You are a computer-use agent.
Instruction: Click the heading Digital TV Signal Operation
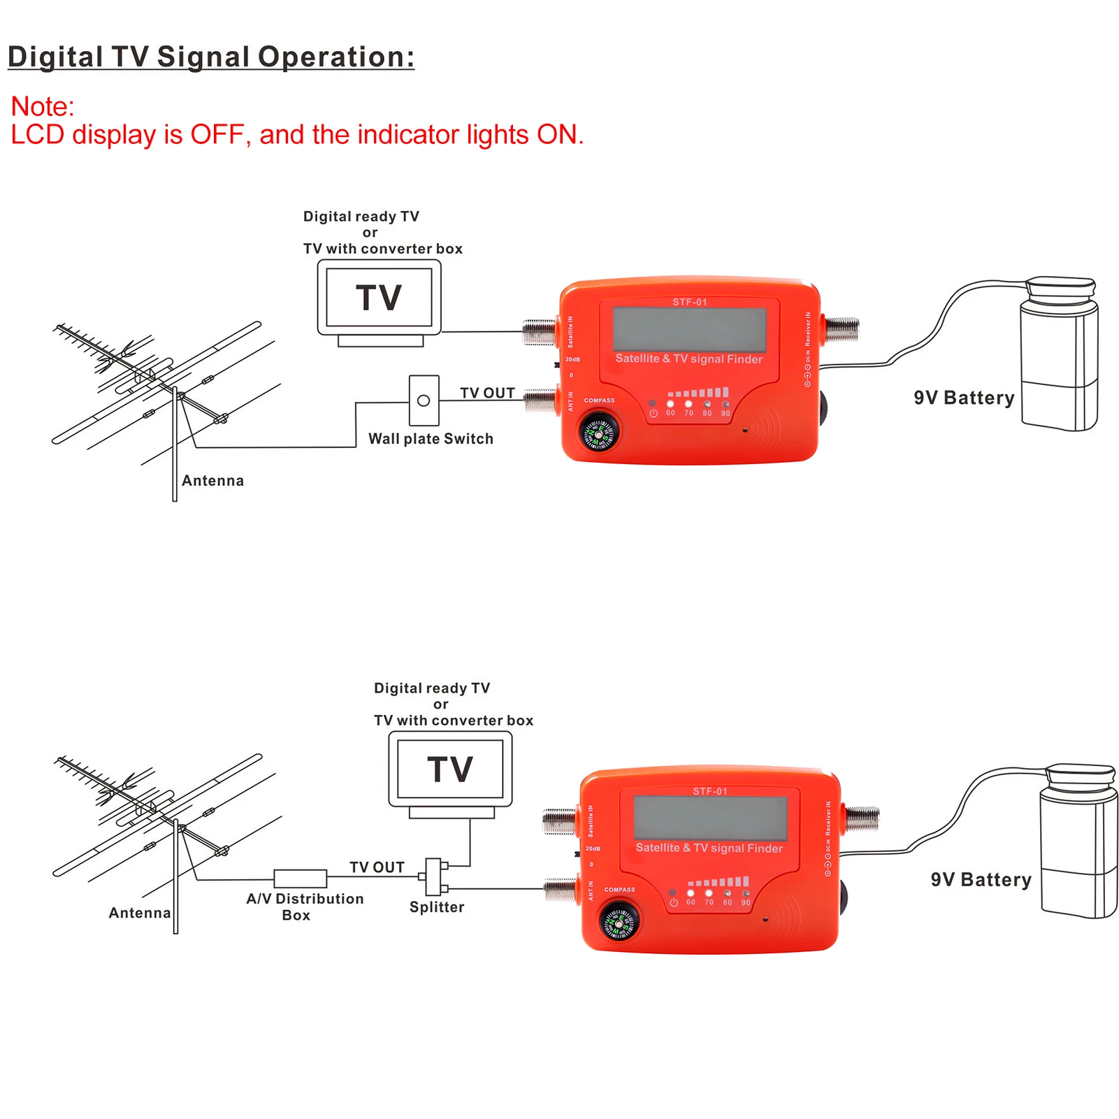(210, 57)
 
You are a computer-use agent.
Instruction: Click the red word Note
(42, 106)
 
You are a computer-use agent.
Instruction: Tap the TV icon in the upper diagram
(379, 298)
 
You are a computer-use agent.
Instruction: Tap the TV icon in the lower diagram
(450, 770)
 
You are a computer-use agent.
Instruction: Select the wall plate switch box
(424, 400)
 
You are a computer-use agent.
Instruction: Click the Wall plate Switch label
(431, 439)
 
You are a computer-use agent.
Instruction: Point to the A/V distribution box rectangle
(300, 878)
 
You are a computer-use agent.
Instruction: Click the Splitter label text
(437, 907)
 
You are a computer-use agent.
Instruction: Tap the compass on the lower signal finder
(619, 922)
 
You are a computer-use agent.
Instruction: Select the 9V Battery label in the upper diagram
(964, 398)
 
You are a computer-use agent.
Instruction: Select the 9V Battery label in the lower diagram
(981, 879)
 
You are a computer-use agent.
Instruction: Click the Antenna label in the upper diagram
(212, 481)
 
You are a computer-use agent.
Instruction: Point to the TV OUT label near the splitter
(377, 867)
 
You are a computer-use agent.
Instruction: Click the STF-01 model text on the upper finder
(690, 302)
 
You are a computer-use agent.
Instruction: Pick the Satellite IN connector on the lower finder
(560, 821)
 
